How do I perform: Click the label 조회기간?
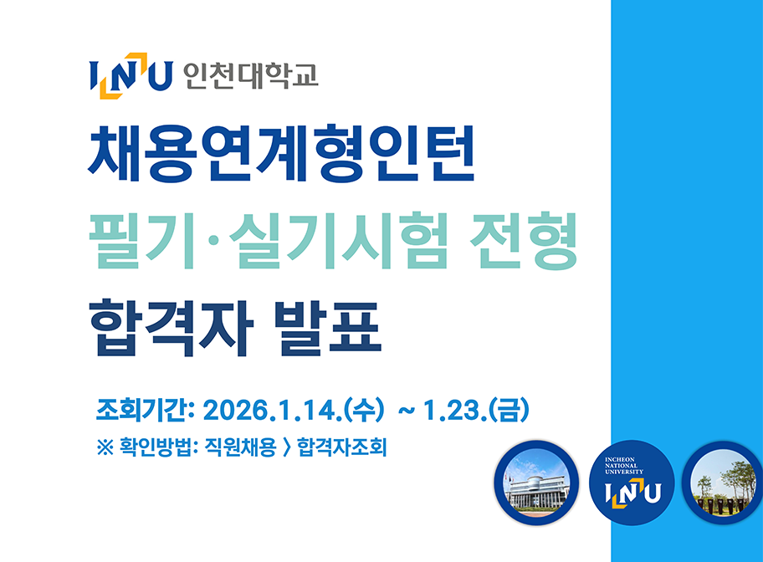pos(146,411)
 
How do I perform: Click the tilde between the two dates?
pos(407,411)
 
